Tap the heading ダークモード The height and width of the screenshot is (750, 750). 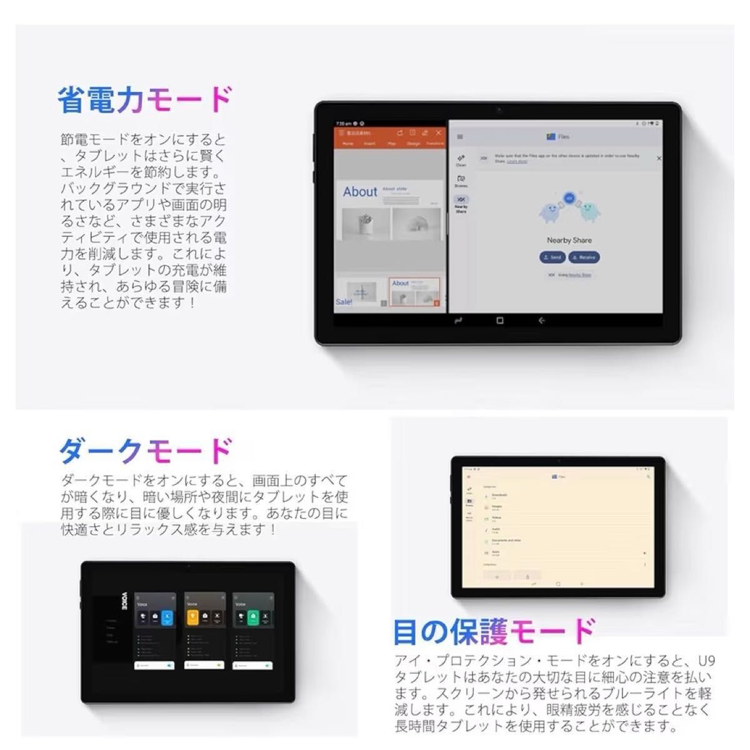point(146,451)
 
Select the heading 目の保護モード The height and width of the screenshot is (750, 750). point(494,631)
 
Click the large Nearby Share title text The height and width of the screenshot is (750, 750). point(569,240)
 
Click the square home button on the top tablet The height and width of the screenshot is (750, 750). point(499,321)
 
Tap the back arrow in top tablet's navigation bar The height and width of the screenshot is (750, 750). point(541,321)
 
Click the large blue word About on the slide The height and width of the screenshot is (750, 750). point(360,192)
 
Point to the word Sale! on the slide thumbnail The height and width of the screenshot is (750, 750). point(344,302)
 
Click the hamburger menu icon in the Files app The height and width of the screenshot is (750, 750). point(460,137)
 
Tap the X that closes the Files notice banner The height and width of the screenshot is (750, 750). point(659,159)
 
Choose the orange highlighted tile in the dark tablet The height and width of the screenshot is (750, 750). point(193,618)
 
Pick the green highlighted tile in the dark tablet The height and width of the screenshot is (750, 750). point(252,618)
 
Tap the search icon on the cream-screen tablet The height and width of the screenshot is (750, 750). point(649,477)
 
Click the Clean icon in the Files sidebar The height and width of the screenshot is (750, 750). point(461,160)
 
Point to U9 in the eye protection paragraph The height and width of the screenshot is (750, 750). point(706,661)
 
